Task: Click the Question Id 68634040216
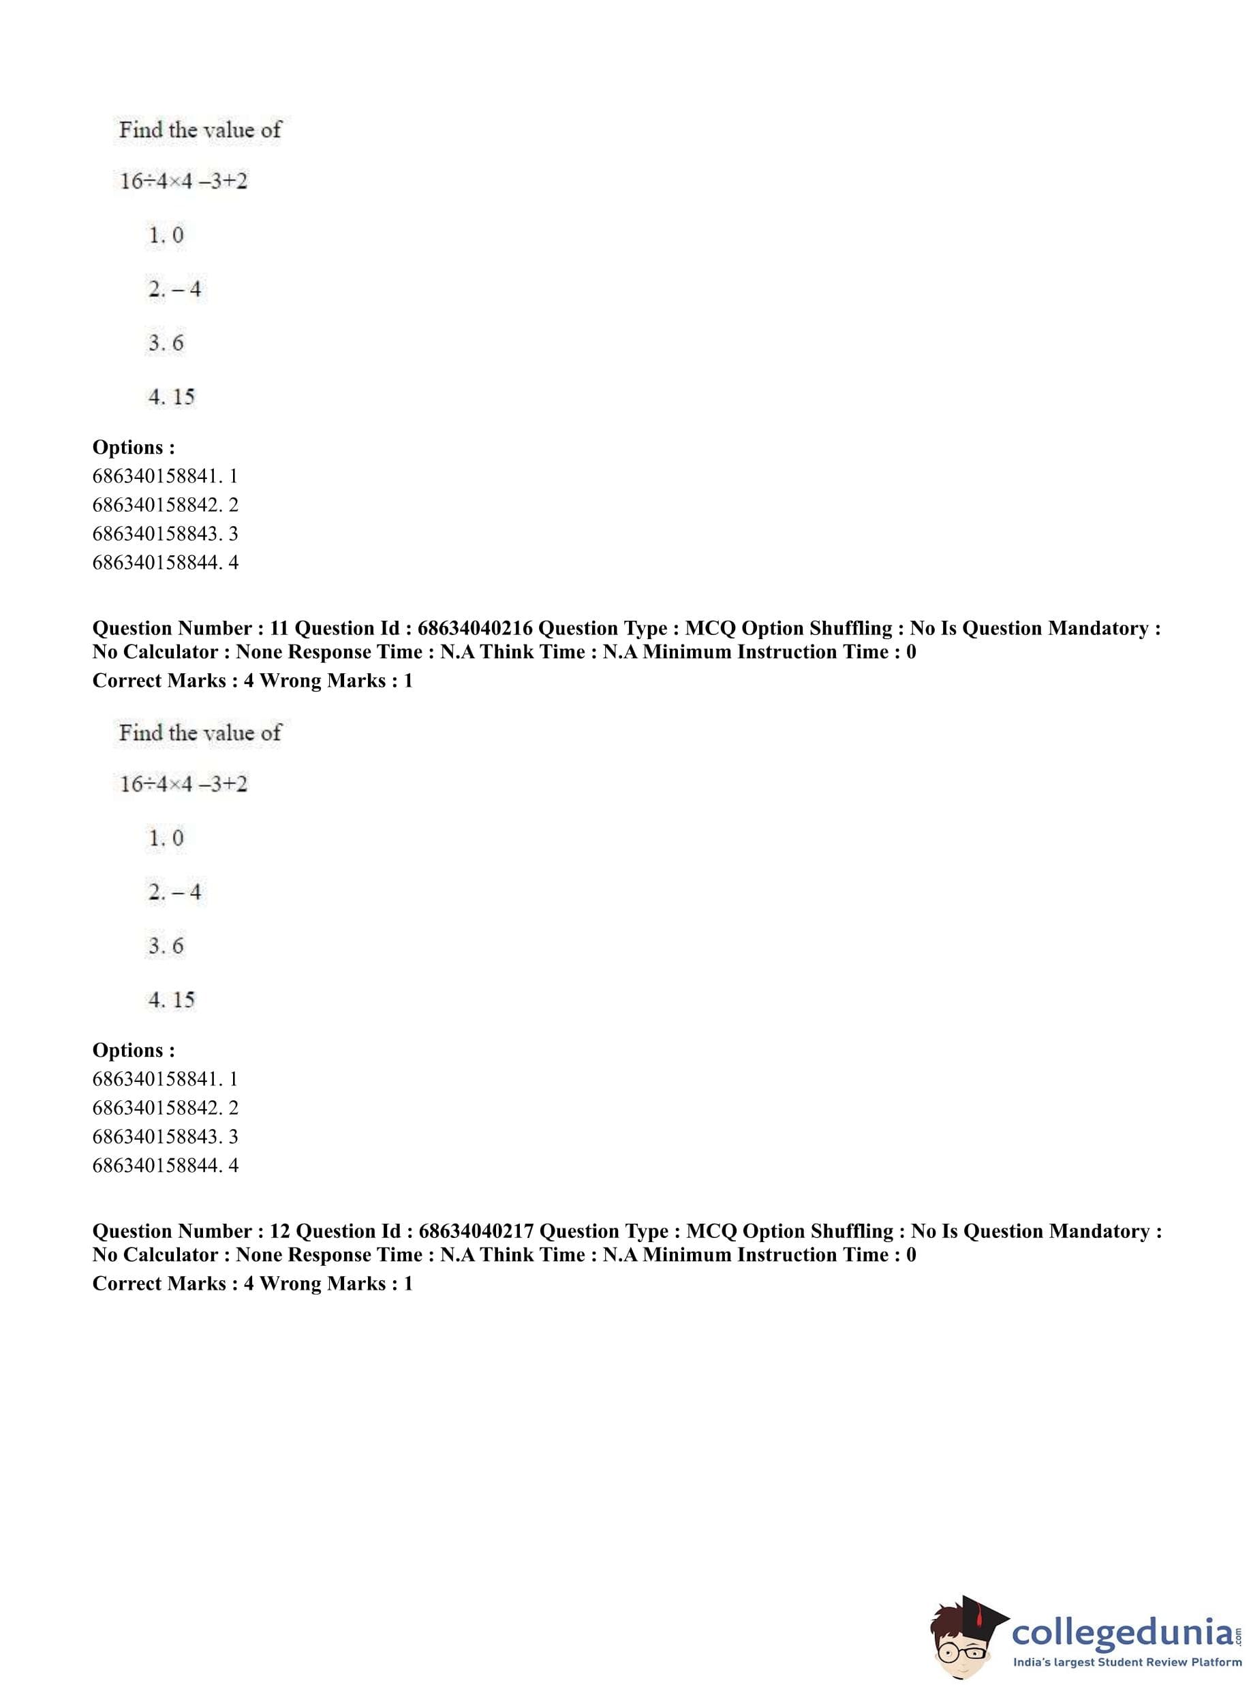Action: click(x=475, y=628)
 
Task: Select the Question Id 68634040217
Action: click(x=476, y=1231)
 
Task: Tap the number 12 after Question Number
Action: click(x=279, y=1231)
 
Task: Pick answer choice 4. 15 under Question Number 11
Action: click(x=171, y=1000)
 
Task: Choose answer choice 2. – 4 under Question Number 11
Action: click(x=174, y=892)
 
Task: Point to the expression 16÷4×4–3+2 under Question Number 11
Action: click(x=183, y=784)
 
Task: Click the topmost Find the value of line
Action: click(x=200, y=130)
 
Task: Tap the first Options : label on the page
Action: click(x=134, y=448)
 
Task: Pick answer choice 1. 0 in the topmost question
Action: click(x=166, y=236)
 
